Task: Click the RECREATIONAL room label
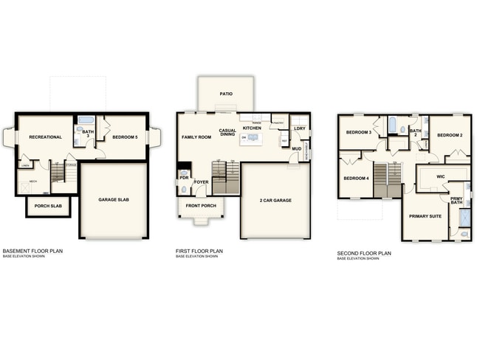44,137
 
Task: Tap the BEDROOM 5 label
124,137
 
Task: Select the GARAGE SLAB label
114,199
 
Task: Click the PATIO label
226,94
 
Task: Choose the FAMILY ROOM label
196,137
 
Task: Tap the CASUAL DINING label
227,134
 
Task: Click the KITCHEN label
253,128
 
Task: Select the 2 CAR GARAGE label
275,200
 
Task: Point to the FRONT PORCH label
201,206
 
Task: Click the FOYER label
201,181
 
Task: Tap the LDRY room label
299,128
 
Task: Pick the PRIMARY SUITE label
425,215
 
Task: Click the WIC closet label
440,176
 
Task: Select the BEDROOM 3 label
358,132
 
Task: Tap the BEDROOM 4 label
355,178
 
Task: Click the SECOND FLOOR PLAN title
364,253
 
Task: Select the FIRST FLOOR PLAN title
199,251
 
